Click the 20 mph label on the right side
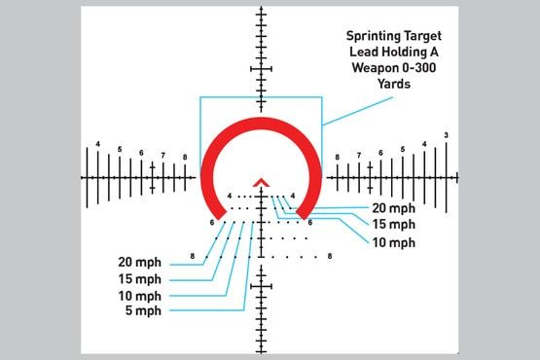coord(393,208)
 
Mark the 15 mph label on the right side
coord(393,225)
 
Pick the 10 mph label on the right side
coord(393,241)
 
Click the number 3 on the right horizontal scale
coord(446,134)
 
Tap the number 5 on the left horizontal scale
coord(120,150)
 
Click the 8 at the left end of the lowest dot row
coord(194,256)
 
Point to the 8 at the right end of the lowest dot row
coord(331,256)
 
